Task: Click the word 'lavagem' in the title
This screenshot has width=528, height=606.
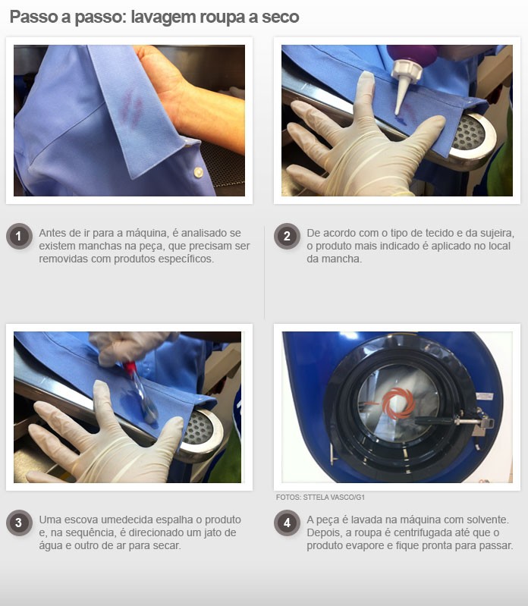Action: coord(163,17)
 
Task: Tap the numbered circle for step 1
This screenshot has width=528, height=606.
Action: coord(18,236)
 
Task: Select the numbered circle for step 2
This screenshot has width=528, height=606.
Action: coord(287,236)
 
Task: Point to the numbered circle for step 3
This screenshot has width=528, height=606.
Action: coord(18,523)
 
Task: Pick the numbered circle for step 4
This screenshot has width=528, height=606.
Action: coord(287,523)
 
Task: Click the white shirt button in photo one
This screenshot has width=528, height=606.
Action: coord(198,172)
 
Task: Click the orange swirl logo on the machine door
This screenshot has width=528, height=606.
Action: coord(398,403)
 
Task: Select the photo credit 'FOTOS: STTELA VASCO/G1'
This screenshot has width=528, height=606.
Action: coord(320,497)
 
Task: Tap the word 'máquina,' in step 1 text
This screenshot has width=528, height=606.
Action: coord(147,233)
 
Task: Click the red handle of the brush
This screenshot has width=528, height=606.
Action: coord(130,367)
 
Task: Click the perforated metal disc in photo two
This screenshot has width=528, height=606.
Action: coord(469,133)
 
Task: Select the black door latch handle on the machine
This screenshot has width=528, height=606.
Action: coord(434,420)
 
